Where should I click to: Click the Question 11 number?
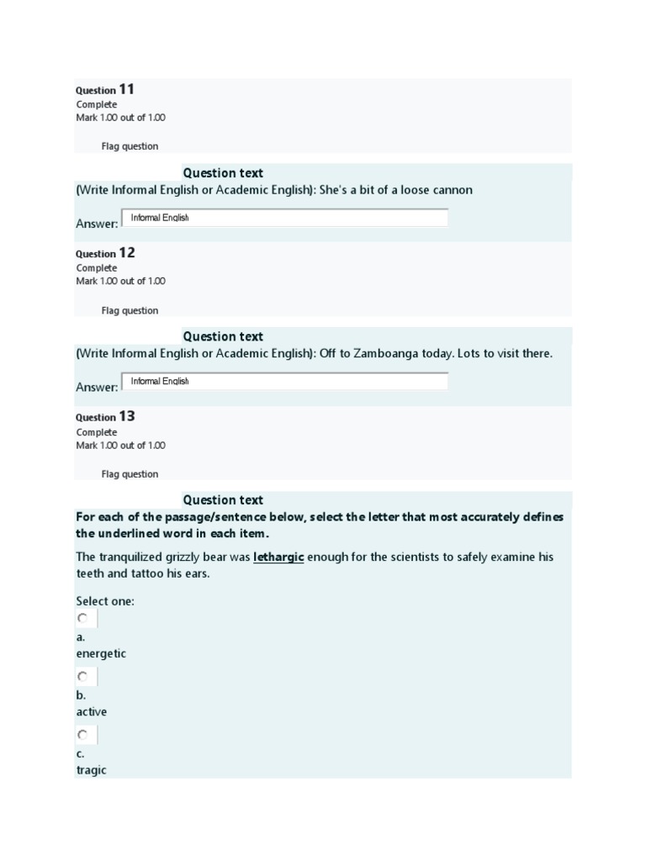126,89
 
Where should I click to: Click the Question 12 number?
126,253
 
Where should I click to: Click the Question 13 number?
126,416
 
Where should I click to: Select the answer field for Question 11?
284,218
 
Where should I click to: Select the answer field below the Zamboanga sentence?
284,382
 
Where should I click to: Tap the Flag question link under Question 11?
130,146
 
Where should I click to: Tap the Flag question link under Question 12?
130,310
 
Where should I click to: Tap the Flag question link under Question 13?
130,474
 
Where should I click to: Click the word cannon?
452,190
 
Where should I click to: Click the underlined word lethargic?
278,557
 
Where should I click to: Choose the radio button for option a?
82,618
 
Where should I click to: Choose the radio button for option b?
82,676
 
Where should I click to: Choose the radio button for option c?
82,734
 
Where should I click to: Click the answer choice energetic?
101,653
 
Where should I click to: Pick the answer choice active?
92,712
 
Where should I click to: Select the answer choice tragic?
91,770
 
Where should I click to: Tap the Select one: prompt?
105,601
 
